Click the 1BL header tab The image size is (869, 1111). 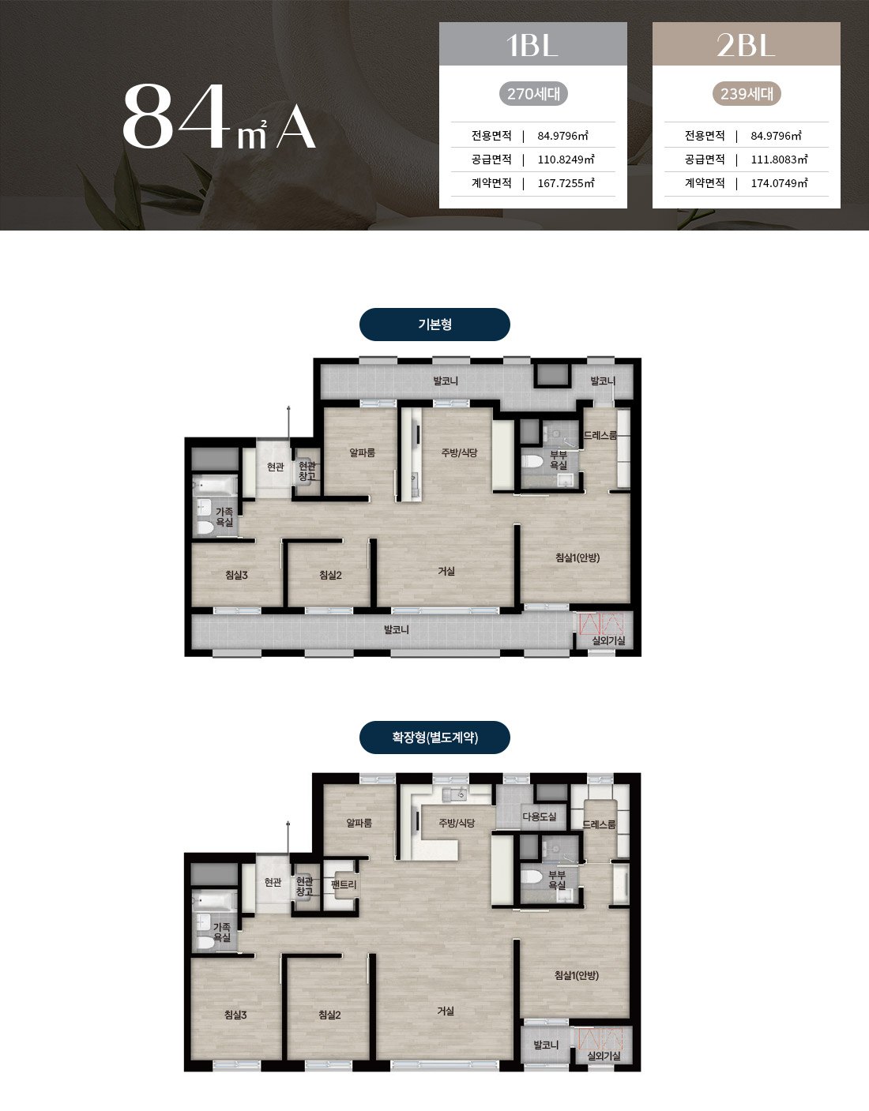[533, 44]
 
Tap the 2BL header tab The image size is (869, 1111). [747, 44]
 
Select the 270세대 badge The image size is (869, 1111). [533, 94]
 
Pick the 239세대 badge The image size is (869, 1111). [747, 94]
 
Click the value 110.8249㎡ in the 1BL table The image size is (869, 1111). [566, 160]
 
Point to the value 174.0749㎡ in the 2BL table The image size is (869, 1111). [779, 183]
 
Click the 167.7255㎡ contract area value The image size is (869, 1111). [566, 183]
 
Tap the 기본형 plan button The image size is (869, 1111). [434, 325]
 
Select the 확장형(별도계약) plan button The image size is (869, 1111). [434, 738]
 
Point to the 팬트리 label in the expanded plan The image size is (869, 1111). [344, 884]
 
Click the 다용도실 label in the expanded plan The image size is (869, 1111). [539, 816]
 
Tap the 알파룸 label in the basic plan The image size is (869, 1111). [362, 452]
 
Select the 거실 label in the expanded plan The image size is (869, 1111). [446, 1011]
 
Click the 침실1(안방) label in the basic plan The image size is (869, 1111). [577, 557]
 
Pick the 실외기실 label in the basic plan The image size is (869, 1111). [608, 640]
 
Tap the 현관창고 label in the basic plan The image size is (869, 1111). [307, 471]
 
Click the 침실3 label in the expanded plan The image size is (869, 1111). [235, 1015]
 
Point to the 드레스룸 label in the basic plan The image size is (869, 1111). [600, 435]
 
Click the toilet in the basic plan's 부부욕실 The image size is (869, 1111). [532, 462]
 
